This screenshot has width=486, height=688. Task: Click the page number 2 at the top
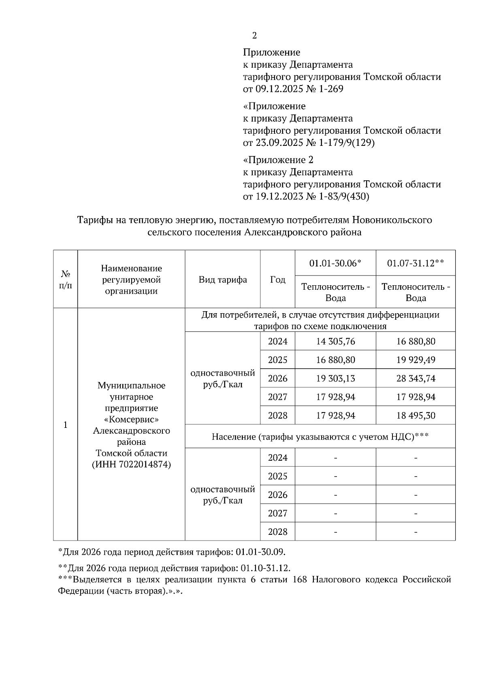(x=254, y=36)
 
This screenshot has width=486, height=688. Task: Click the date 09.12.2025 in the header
(x=279, y=89)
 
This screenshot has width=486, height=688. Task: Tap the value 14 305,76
(x=335, y=342)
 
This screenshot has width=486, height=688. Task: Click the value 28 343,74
(x=416, y=378)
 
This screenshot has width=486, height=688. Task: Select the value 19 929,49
(x=416, y=360)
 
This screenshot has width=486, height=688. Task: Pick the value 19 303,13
(x=335, y=378)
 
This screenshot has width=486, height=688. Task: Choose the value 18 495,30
(x=416, y=416)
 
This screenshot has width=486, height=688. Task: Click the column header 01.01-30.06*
(x=335, y=263)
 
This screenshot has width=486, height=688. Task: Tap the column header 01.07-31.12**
(x=416, y=263)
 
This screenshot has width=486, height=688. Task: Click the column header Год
(x=277, y=280)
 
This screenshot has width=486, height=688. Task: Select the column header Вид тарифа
(x=223, y=280)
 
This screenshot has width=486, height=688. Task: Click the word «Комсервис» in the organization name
(x=131, y=419)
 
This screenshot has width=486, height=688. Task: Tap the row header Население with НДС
(x=320, y=436)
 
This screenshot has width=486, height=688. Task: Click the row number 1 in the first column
(x=65, y=425)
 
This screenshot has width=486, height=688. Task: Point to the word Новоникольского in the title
(x=392, y=220)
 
